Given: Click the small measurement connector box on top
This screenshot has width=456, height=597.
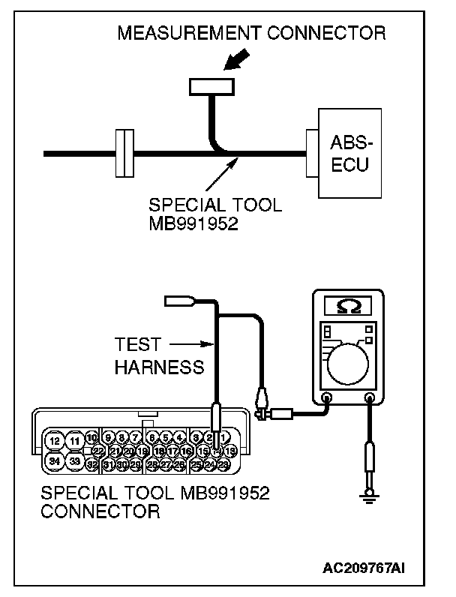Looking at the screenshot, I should (x=211, y=88).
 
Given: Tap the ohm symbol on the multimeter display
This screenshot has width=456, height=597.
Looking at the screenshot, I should (x=347, y=306).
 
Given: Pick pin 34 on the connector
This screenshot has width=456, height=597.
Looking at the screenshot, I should (x=53, y=460).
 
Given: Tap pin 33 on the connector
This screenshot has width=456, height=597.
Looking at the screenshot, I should (x=75, y=460).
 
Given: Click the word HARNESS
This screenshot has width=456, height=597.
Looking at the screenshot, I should (x=158, y=367).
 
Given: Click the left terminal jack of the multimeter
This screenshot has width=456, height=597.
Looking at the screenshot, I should (x=327, y=398).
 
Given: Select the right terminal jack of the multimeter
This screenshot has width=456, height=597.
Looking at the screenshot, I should (x=370, y=398).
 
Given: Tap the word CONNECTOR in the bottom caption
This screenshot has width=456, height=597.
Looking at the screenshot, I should (x=100, y=512).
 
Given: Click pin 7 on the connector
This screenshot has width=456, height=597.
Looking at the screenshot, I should (x=136, y=437).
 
